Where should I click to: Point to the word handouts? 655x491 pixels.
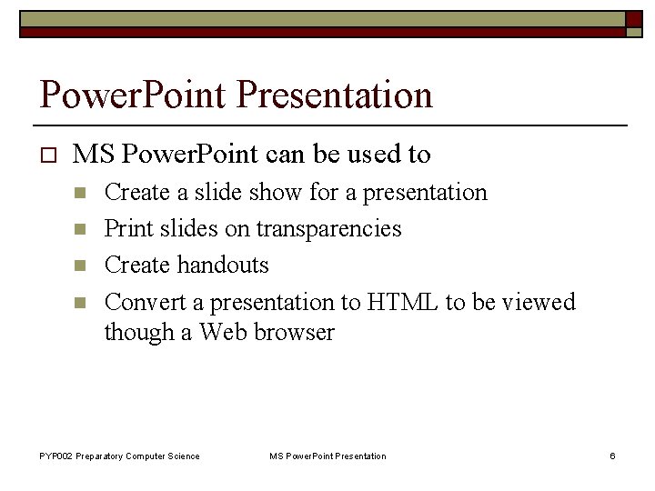[x=223, y=265]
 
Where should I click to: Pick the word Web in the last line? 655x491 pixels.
[x=223, y=332]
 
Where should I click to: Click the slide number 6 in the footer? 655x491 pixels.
[x=612, y=456]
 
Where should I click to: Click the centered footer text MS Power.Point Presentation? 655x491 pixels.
[x=327, y=456]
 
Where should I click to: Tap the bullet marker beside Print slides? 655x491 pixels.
[x=79, y=229]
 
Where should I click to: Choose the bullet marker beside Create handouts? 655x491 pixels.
[x=79, y=266]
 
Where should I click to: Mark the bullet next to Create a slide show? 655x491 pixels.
[x=79, y=193]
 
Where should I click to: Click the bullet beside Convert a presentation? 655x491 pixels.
[x=79, y=302]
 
